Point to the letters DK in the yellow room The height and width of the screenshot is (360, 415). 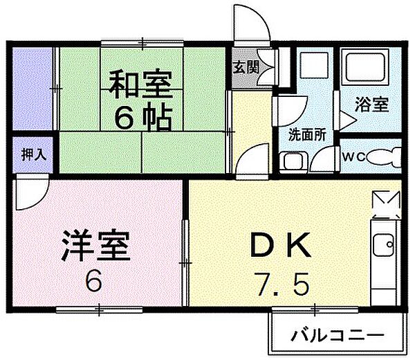tap(277, 244)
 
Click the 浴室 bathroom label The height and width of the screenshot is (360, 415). tap(371, 106)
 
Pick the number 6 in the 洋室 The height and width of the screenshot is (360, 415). tap(95, 281)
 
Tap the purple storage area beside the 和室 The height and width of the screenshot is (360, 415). tap(32, 89)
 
